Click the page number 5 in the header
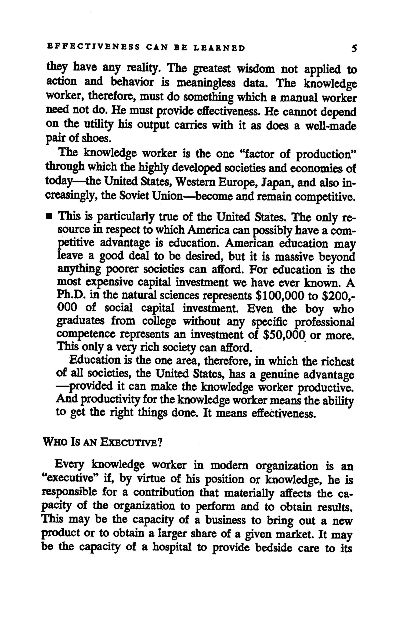tap(354, 48)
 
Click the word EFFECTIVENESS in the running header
tap(93, 48)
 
